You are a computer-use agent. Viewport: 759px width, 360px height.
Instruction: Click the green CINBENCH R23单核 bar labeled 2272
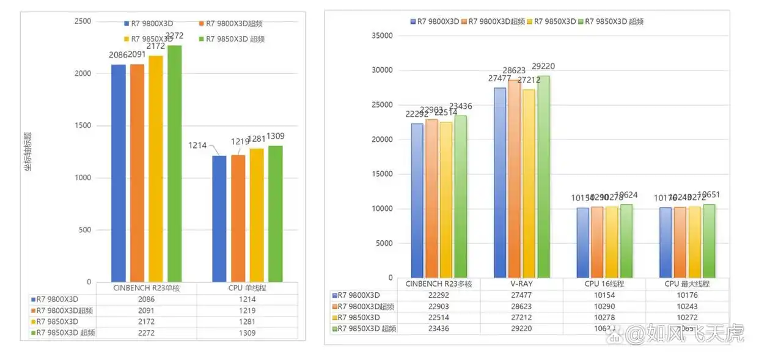(x=175, y=165)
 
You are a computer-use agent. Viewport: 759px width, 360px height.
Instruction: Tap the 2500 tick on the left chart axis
(x=83, y=21)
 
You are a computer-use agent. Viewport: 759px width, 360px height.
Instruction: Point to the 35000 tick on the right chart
(x=383, y=35)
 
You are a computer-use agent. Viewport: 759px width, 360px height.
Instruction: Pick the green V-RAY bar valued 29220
(x=543, y=177)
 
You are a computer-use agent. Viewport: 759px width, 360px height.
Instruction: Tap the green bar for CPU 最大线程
(x=710, y=241)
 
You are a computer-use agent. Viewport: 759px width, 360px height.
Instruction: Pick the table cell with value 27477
(x=521, y=295)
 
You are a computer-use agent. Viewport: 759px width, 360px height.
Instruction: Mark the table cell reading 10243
(x=687, y=306)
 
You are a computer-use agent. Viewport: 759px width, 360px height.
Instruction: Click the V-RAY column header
(x=521, y=284)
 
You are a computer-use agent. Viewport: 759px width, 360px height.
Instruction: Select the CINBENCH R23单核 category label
(x=146, y=288)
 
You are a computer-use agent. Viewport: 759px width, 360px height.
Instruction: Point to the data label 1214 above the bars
(x=197, y=145)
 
